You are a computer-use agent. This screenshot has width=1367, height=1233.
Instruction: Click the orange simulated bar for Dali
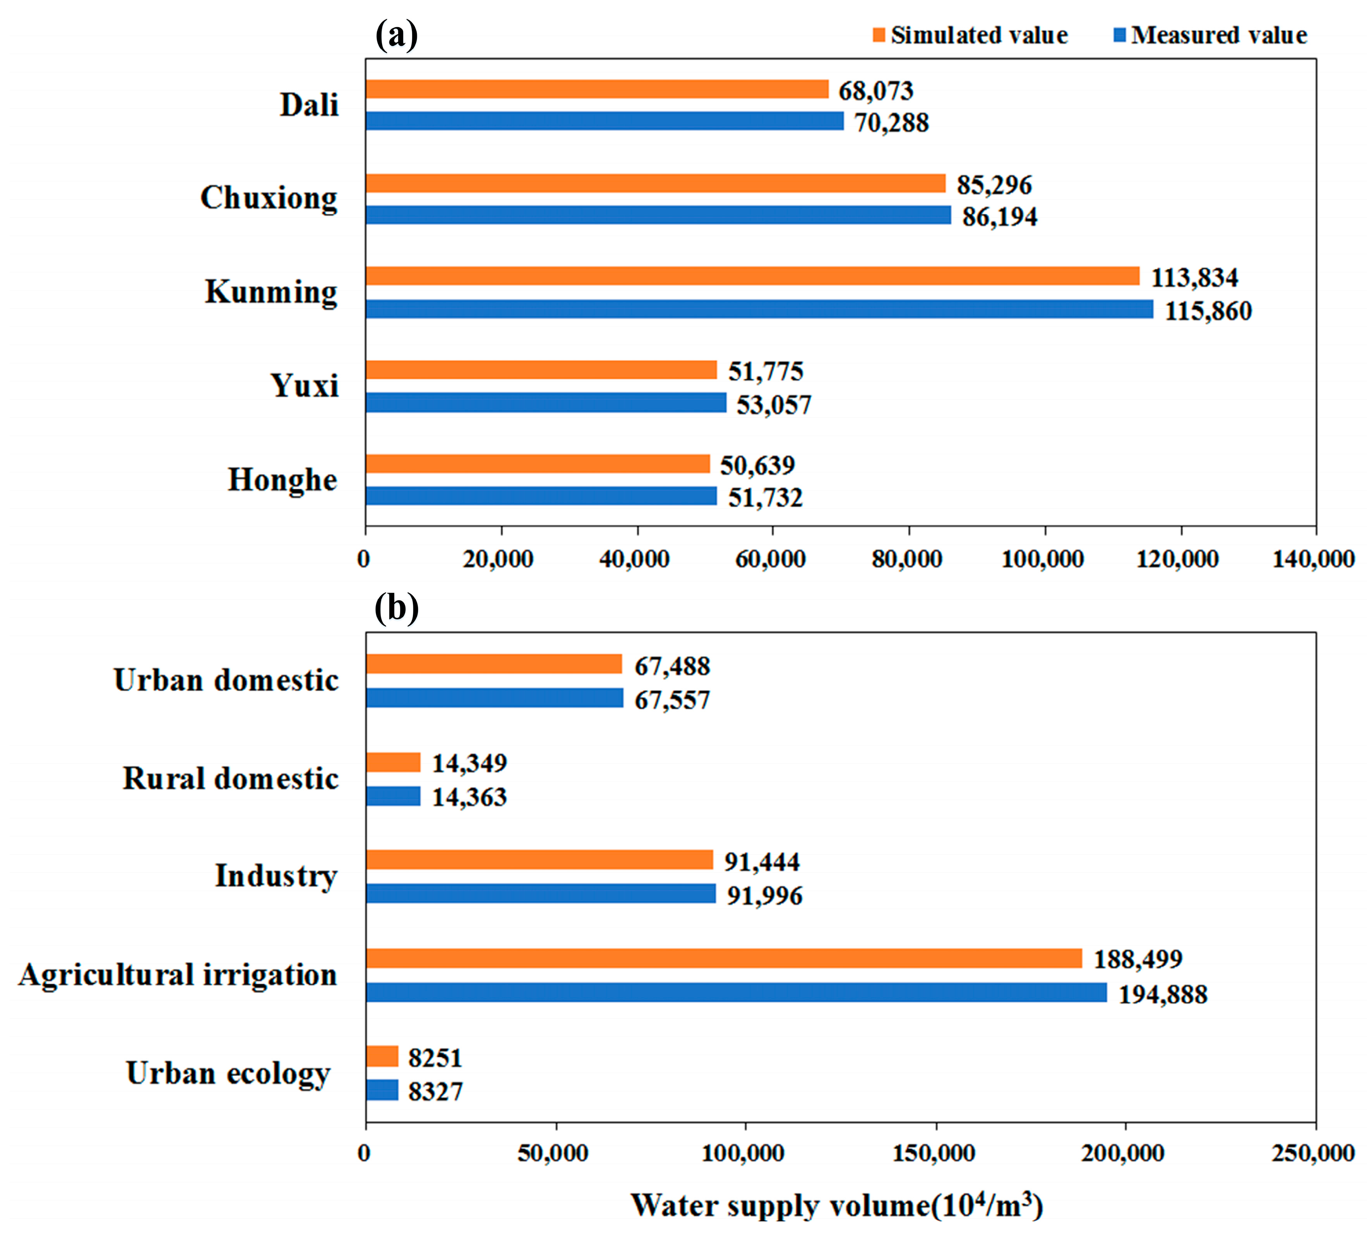[x=596, y=89]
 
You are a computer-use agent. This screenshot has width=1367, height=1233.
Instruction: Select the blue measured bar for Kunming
[x=759, y=309]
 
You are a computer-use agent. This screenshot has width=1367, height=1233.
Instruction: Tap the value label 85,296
[x=994, y=185]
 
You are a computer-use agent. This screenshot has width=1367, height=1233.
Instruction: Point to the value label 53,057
[x=773, y=405]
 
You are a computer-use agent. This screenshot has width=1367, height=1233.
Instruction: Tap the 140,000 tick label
[x=1313, y=559]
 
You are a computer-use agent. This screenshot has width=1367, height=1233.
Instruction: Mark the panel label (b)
[x=396, y=608]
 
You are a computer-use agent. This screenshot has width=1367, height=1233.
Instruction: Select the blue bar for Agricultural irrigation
[x=736, y=992]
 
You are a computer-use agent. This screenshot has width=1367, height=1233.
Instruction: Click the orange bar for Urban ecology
[x=382, y=1056]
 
